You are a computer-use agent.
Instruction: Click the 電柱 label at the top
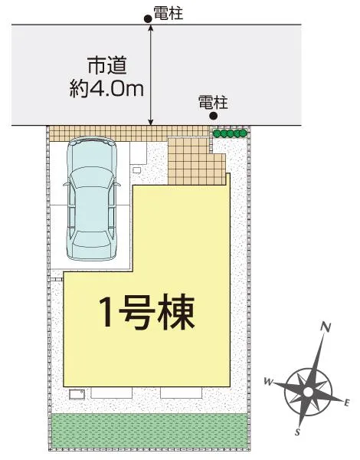pos(168,13)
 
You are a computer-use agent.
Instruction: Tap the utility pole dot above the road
pos(149,18)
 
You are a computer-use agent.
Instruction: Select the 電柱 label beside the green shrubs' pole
pos(212,101)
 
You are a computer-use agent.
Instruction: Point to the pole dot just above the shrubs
pos(214,117)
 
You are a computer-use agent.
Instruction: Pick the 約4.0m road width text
pos(105,89)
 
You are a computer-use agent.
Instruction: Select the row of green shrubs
pos(230,133)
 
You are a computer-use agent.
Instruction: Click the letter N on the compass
pos(326,327)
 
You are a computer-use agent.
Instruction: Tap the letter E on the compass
pos(347,402)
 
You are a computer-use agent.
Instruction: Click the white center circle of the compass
pos(307,391)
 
